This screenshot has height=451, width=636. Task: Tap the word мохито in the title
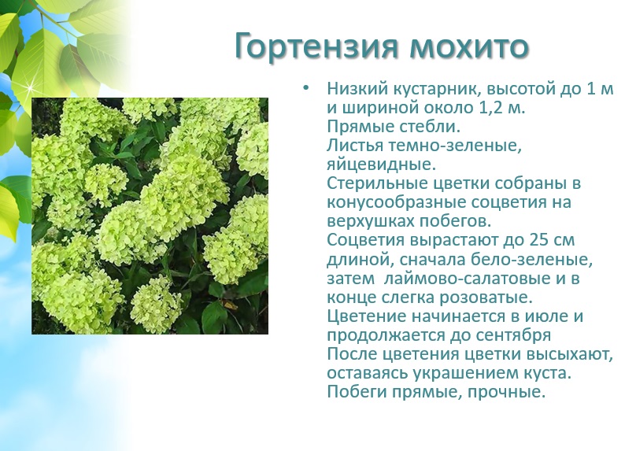point(469,47)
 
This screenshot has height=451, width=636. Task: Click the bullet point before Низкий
point(305,87)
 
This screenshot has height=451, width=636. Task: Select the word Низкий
point(357,88)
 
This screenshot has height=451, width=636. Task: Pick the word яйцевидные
point(381,165)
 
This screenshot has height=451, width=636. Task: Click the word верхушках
point(370,221)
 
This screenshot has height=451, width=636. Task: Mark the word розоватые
point(486,298)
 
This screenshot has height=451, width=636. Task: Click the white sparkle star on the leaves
point(29,88)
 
